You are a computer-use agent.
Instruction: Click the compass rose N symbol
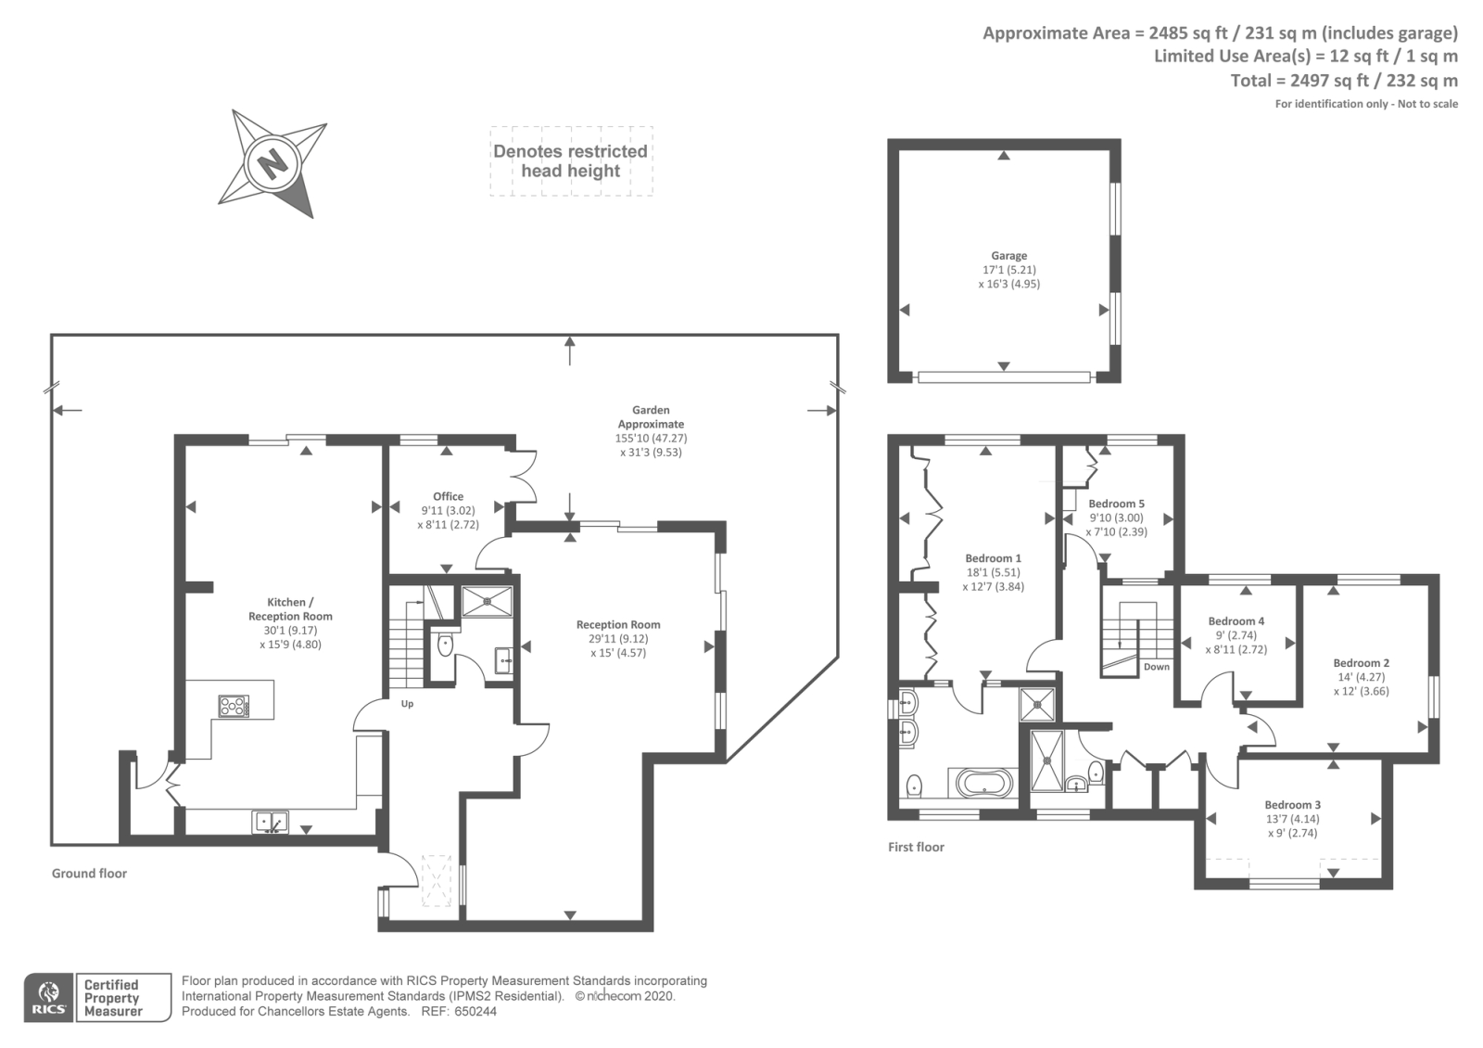[x=273, y=164]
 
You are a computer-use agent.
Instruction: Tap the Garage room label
[x=1008, y=256]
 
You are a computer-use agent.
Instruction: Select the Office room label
[x=448, y=496]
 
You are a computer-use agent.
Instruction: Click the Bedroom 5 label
[x=1116, y=504]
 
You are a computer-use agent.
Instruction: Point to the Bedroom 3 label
[x=1292, y=805]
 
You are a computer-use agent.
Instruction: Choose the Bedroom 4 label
[x=1236, y=621]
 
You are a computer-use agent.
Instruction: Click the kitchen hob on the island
[x=234, y=706]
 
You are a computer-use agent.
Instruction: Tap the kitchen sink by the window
[x=271, y=821]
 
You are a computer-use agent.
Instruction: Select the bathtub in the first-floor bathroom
[x=985, y=784]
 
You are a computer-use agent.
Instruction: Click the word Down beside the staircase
[x=1156, y=667]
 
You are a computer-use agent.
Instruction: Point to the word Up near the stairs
[x=407, y=704]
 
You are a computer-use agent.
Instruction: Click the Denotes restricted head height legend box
[x=571, y=161]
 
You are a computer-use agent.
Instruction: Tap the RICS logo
[x=48, y=998]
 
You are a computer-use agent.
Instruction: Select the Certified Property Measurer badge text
[x=113, y=998]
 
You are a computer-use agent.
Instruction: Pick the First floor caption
[x=916, y=847]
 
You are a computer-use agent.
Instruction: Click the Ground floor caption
[x=89, y=873]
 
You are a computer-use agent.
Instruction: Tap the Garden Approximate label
[x=651, y=416]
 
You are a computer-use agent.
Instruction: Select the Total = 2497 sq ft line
[x=1343, y=81]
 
